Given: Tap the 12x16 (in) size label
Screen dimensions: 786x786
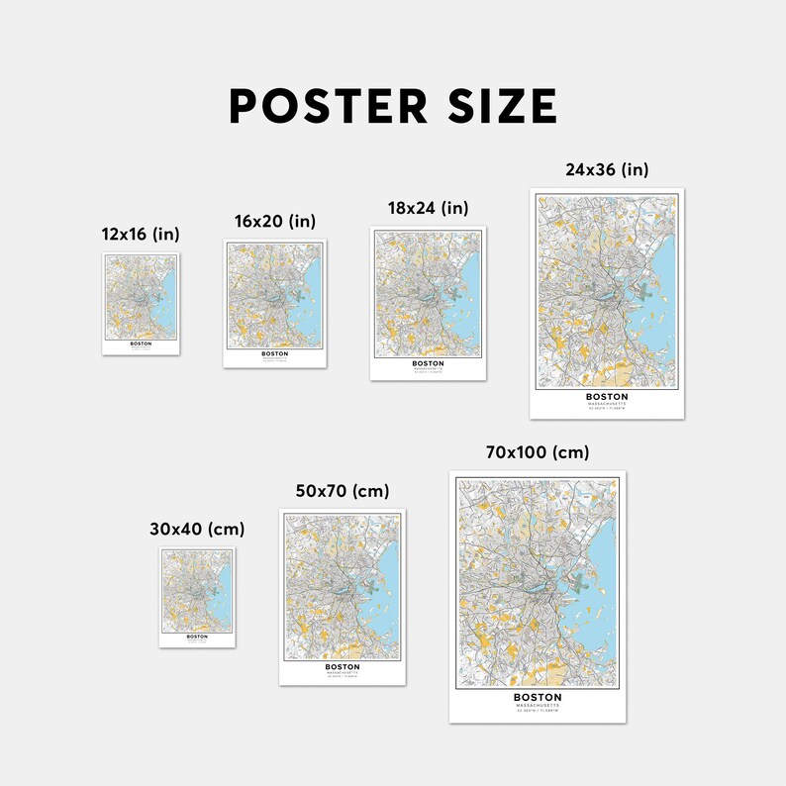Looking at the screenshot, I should pyautogui.click(x=141, y=234).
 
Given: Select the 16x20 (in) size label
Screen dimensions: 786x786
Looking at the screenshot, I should pyautogui.click(x=275, y=221).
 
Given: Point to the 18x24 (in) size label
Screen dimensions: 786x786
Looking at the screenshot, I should pyautogui.click(x=428, y=208).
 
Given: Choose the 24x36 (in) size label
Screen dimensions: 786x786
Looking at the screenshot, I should pyautogui.click(x=607, y=169).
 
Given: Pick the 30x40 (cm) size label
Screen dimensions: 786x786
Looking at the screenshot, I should pyautogui.click(x=197, y=529).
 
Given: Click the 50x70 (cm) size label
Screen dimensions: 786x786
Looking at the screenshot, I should pyautogui.click(x=343, y=491).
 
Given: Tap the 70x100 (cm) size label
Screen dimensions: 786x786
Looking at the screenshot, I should pyautogui.click(x=538, y=452).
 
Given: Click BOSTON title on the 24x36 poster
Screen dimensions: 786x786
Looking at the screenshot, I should pyautogui.click(x=607, y=397).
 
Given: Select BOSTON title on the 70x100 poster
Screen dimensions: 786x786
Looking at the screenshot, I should pyautogui.click(x=538, y=697).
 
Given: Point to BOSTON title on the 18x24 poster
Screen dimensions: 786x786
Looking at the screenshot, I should pyautogui.click(x=428, y=363).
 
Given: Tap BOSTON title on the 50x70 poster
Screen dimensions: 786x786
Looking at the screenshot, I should pyautogui.click(x=343, y=667).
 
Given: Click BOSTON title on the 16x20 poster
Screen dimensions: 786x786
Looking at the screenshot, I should pyautogui.click(x=275, y=353).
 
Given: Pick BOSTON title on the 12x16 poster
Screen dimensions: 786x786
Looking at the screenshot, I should pyautogui.click(x=141, y=344).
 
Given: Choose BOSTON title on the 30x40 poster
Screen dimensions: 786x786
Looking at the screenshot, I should pyautogui.click(x=197, y=637).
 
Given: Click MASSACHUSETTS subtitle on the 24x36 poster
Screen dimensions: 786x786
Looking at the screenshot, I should pyautogui.click(x=607, y=404).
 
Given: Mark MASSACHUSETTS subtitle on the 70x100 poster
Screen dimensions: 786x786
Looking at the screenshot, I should pyautogui.click(x=538, y=705).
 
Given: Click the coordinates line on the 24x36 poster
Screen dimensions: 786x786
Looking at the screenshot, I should pyautogui.click(x=607, y=409).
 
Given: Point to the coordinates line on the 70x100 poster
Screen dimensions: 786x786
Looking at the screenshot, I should pyautogui.click(x=538, y=711).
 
